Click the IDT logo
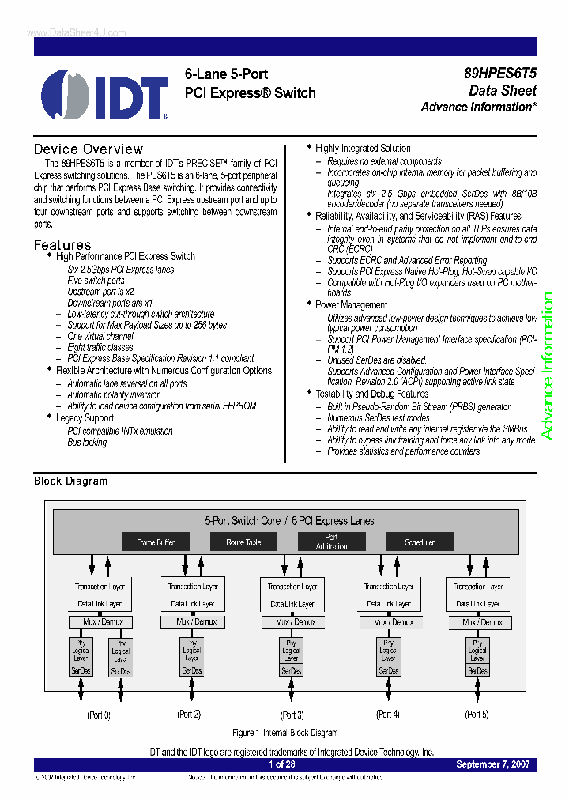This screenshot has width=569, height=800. tap(104, 94)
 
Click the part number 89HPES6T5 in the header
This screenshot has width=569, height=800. tap(500, 74)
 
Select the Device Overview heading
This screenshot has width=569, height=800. tap(89, 149)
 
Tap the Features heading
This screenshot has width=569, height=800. tap(62, 245)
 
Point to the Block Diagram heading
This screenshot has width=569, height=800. tap(70, 481)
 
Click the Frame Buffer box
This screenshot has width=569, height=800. tap(156, 542)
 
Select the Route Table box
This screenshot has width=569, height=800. tap(243, 542)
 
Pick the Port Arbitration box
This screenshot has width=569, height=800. tap(331, 542)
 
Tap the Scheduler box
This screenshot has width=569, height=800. tap(419, 542)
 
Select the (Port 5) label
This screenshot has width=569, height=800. tap(477, 714)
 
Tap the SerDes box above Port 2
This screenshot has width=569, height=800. tap(191, 670)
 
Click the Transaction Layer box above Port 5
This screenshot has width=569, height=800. tap(477, 587)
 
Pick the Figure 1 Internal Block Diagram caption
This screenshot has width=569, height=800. tap(284, 733)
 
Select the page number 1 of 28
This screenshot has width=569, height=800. tap(282, 764)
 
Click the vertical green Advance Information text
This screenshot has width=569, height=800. tap(547, 366)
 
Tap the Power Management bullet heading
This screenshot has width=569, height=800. tap(340, 304)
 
